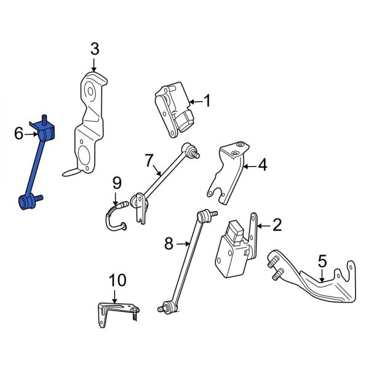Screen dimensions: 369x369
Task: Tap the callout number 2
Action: click(277, 225)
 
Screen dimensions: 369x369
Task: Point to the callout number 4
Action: click(263, 165)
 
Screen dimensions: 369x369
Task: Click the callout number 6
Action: click(18, 132)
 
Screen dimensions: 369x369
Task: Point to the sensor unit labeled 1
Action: click(173, 109)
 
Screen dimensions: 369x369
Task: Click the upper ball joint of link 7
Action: click(191, 149)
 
